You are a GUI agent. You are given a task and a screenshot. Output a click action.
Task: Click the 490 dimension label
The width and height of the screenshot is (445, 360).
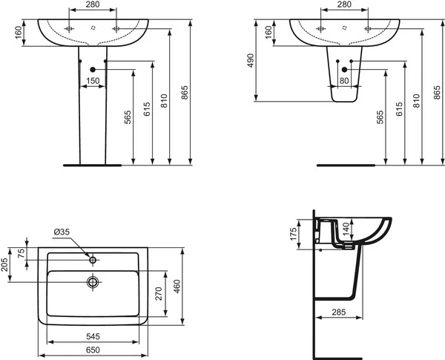pyautogui.click(x=251, y=60)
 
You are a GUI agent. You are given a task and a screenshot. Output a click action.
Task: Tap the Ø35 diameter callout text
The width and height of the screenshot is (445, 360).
pyautogui.click(x=62, y=232)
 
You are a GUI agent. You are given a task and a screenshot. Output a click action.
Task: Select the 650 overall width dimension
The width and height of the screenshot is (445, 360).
pyautogui.click(x=93, y=350)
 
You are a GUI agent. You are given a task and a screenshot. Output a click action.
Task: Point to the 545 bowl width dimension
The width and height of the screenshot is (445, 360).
pyautogui.click(x=93, y=336)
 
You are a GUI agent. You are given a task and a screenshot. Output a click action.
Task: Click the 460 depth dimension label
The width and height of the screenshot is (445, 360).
pyautogui.click(x=177, y=286)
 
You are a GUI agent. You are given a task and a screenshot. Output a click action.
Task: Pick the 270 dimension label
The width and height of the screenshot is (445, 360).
pyautogui.click(x=159, y=293)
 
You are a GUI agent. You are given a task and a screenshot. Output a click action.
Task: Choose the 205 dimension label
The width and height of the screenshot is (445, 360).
pyautogui.click(x=4, y=264)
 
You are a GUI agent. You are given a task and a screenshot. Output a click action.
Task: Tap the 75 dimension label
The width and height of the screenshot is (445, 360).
pyautogui.click(x=22, y=253)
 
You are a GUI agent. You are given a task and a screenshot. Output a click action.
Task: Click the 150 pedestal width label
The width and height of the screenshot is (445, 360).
pyautogui.click(x=93, y=81)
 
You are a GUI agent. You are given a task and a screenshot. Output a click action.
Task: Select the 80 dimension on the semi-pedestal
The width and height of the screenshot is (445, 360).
pyautogui.click(x=344, y=81)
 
